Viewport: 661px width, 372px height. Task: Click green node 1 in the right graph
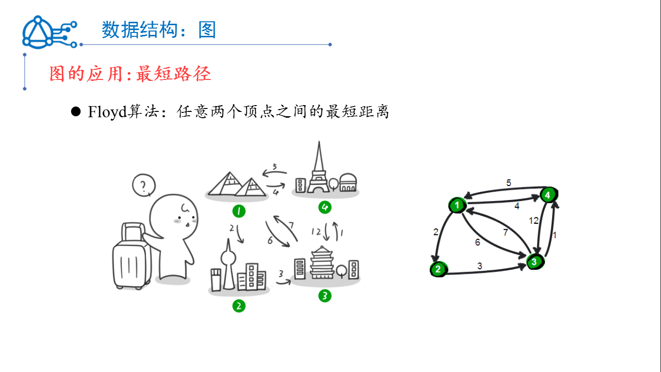coord(457,205)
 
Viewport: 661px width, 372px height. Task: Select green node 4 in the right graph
coord(548,195)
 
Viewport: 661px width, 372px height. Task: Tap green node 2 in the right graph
coord(438,269)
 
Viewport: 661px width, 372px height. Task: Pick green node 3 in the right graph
coord(534,262)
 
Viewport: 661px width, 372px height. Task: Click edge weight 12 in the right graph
coord(534,221)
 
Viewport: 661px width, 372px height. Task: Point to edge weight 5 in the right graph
coord(509,183)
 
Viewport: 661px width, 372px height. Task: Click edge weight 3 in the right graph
coord(480,266)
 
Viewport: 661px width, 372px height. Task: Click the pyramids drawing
coord(236,186)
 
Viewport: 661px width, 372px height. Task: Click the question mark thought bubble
coord(143,186)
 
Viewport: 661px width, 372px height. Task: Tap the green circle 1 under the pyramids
coord(239,211)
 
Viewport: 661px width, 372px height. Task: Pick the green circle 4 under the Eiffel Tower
coord(325,207)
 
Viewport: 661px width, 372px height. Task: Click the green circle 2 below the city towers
coord(239,306)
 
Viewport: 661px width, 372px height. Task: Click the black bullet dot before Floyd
coord(75,112)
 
